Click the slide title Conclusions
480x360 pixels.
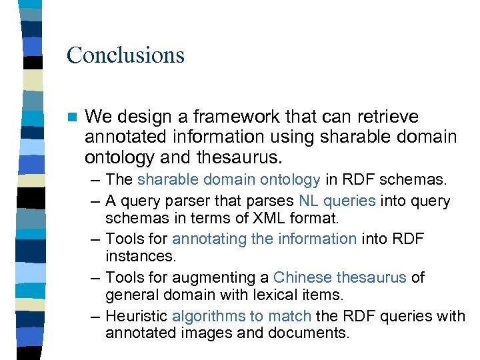(x=125, y=55)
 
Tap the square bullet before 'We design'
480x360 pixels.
(x=71, y=117)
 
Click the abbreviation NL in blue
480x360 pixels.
(x=308, y=201)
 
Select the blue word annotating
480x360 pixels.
(x=209, y=239)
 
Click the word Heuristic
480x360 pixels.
(x=136, y=315)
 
